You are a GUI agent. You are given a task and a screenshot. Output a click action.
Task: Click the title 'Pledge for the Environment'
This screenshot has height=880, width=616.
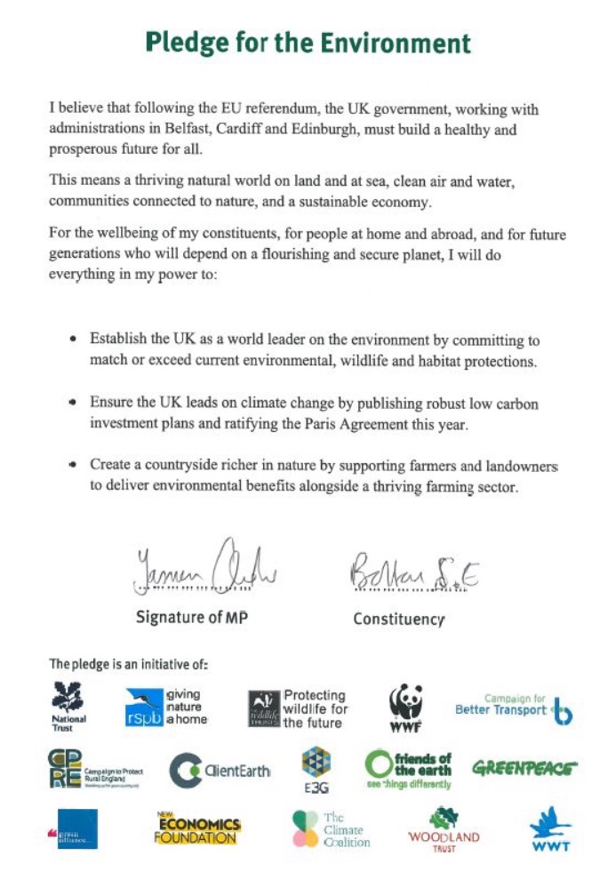pyautogui.click(x=308, y=43)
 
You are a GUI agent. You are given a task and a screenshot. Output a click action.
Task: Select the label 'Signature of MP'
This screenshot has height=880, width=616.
pyautogui.click(x=191, y=617)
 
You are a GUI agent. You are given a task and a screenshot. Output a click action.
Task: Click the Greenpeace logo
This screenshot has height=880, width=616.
pyautogui.click(x=524, y=767)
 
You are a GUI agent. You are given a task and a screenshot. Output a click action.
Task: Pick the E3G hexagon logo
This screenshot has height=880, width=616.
pyautogui.click(x=316, y=769)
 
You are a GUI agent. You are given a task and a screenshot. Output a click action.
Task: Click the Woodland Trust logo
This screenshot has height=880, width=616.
pyautogui.click(x=444, y=828)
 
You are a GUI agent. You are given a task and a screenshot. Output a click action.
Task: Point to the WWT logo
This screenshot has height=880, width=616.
pyautogui.click(x=550, y=829)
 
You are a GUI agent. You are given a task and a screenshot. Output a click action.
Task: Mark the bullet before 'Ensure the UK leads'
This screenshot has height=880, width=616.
pyautogui.click(x=71, y=403)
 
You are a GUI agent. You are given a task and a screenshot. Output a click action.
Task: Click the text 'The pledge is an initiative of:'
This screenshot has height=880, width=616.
pyautogui.click(x=128, y=663)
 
